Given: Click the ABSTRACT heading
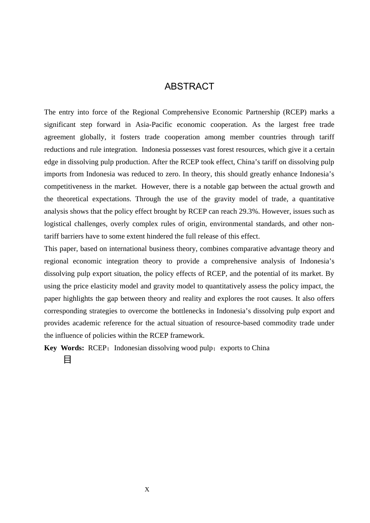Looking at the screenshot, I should click(x=189, y=86).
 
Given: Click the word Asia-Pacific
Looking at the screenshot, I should click(x=153, y=125).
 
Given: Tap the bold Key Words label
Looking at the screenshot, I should click(x=64, y=348).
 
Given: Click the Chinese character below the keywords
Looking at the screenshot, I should click(x=67, y=360).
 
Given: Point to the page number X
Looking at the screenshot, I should click(x=147, y=490).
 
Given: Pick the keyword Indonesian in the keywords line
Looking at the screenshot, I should click(x=131, y=348).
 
